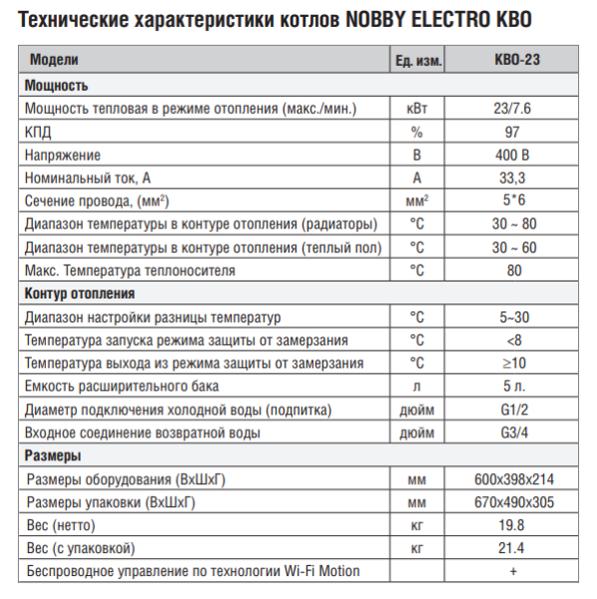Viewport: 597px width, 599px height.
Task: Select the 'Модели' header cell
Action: tap(54, 62)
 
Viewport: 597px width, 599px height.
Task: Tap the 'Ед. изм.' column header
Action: tap(417, 62)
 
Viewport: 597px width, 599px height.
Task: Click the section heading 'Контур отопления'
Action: tap(79, 294)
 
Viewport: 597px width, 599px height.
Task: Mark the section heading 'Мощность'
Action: tap(56, 86)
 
